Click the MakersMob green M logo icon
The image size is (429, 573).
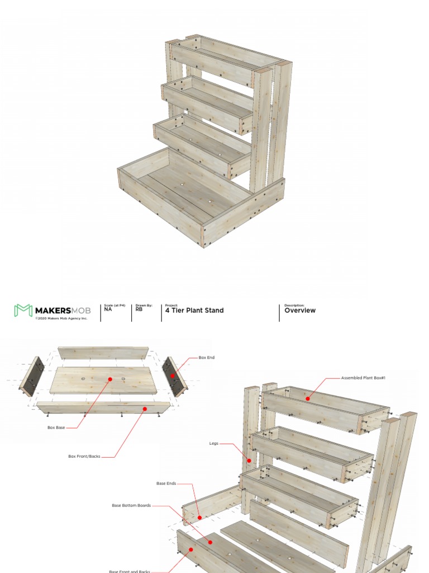coord(23,311)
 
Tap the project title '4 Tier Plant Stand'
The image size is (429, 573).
coord(194,311)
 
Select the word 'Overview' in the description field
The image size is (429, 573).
coord(300,311)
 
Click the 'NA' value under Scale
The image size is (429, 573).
coord(108,309)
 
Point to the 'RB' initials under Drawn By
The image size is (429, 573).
coord(139,309)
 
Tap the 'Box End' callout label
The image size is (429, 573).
coord(207,357)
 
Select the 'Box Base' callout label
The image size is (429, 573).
coord(56,428)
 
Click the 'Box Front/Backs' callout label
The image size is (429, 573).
coord(84,456)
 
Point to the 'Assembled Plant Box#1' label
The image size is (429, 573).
coord(363,378)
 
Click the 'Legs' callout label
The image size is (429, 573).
coord(214,444)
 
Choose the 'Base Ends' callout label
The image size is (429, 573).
coord(166,483)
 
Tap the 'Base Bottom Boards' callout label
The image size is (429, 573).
coord(131,505)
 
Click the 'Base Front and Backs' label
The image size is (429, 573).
coord(129,571)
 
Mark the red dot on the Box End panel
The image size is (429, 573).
coord(173,375)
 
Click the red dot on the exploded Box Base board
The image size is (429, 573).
coord(110,379)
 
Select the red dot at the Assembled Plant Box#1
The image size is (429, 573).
coord(307,398)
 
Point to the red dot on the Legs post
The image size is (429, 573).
coord(250,461)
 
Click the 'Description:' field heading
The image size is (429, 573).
coord(294,306)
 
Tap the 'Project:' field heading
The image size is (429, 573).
coord(171,306)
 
